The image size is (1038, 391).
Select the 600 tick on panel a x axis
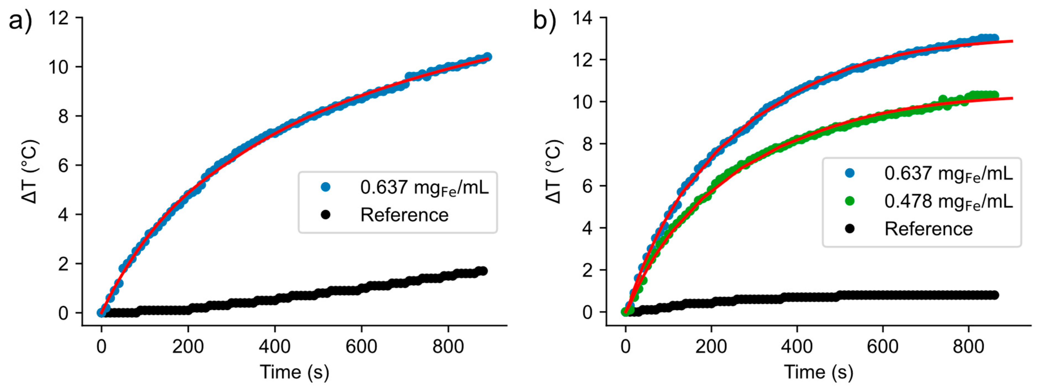click(361, 346)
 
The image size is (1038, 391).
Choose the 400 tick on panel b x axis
click(797, 346)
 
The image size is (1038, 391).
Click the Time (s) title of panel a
click(294, 372)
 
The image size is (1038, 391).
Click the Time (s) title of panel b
click(818, 372)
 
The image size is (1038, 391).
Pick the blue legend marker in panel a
click(326, 187)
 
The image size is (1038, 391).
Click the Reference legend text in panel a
click(404, 215)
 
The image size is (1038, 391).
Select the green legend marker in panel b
click(849, 201)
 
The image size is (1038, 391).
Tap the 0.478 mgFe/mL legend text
click(948, 201)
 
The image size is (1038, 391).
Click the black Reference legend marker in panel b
click(849, 229)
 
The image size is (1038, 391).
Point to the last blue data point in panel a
click(487, 56)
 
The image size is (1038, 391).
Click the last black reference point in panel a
click(483, 271)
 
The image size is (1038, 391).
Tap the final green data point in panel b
click(994, 95)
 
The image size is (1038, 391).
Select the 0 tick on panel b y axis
click(587, 312)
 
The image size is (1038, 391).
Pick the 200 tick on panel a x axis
click(188, 346)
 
